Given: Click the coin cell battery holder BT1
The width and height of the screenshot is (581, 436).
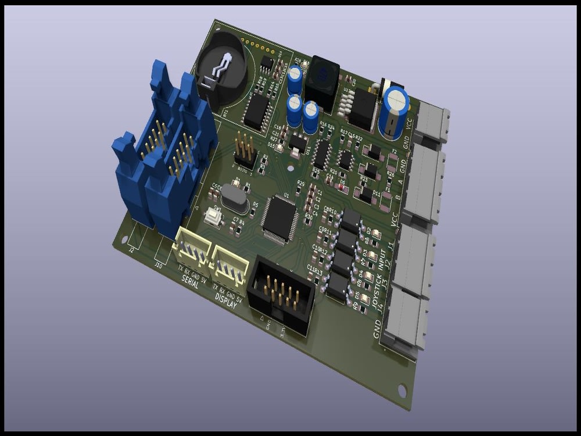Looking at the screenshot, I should click(x=223, y=72).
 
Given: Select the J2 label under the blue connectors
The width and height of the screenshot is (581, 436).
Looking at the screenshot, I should click(x=131, y=251).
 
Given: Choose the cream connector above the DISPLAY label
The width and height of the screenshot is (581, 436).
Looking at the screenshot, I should click(x=231, y=265).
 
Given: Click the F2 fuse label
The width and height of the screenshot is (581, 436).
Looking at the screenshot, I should click(x=394, y=152).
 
